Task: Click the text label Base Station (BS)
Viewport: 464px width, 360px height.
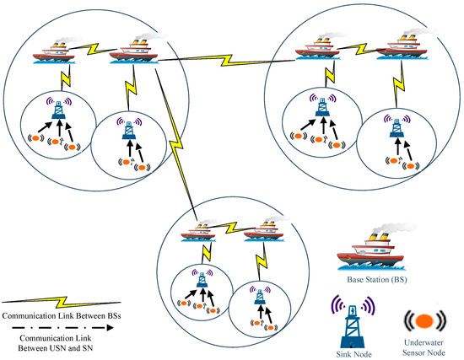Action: point(377,280)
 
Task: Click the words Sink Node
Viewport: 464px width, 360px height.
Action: point(354,354)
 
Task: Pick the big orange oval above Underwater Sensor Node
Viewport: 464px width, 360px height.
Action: point(424,321)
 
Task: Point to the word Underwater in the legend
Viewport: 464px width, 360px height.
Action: point(424,342)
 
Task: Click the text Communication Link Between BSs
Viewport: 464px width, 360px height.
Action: point(62,316)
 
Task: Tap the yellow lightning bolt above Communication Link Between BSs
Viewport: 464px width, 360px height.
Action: point(62,302)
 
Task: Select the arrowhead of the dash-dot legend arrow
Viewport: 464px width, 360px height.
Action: point(110,327)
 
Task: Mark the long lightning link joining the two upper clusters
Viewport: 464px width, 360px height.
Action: point(226,61)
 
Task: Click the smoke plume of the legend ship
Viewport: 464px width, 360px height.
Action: point(395,228)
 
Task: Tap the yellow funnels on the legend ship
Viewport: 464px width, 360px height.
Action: point(379,236)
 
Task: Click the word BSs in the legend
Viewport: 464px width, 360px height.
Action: point(114,316)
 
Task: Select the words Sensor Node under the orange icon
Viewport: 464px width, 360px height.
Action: point(424,352)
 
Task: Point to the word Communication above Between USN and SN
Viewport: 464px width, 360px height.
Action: point(56,338)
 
